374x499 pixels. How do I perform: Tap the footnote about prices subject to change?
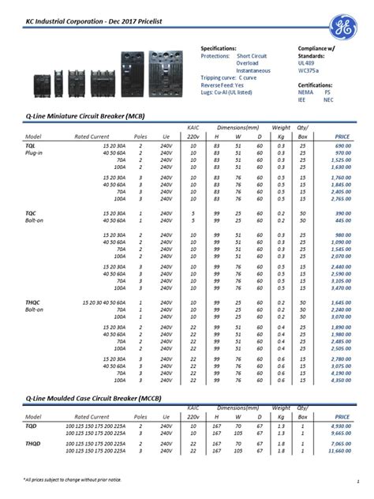point(72,479)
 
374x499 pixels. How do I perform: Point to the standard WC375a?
point(309,71)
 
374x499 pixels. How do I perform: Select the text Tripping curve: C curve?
point(229,79)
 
